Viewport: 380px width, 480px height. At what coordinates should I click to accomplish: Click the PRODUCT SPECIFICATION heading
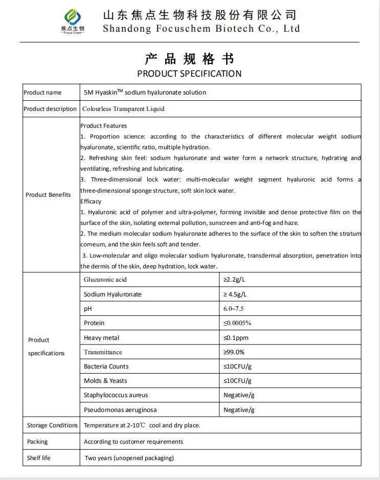[x=189, y=74]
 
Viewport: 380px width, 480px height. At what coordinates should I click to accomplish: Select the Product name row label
[x=42, y=93]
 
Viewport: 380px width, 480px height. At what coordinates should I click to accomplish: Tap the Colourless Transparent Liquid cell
[x=124, y=109]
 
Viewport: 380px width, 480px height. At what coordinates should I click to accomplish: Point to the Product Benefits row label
[x=48, y=195]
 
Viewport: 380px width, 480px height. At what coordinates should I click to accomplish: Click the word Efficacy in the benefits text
[x=91, y=201]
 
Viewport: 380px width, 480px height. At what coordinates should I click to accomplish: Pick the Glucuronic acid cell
[x=105, y=280]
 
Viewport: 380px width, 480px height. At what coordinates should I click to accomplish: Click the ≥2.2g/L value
[x=234, y=280]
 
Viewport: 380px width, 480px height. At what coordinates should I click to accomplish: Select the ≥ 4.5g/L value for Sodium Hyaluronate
[x=235, y=294]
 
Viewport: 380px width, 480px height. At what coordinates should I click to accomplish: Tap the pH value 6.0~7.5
[x=234, y=309]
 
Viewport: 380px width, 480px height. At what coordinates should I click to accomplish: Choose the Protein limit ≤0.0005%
[x=237, y=323]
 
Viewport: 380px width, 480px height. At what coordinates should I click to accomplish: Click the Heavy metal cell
[x=102, y=338]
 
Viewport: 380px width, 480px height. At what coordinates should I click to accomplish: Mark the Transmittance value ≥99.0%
[x=234, y=352]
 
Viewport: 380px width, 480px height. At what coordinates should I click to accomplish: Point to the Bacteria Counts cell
[x=106, y=367]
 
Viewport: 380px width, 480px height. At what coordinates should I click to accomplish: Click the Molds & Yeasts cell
[x=105, y=381]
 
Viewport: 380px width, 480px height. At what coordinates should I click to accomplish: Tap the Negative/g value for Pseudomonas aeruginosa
[x=239, y=410]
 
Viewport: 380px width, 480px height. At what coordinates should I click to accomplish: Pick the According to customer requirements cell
[x=133, y=442]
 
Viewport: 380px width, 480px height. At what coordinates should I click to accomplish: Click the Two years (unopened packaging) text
[x=129, y=458]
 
